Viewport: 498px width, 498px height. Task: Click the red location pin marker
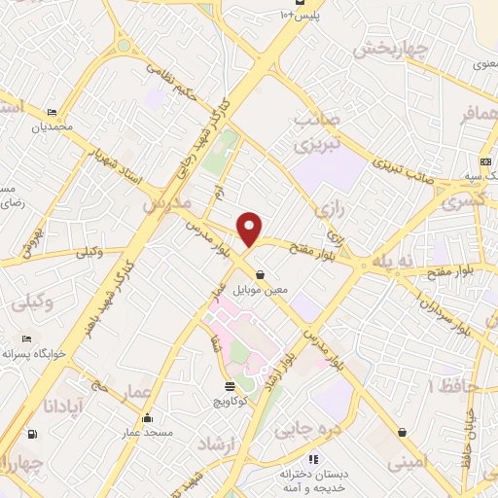(x=251, y=230)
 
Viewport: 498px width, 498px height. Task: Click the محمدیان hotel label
(x=52, y=126)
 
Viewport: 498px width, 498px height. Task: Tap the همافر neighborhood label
(x=471, y=115)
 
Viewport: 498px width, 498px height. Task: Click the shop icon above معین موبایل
(x=260, y=274)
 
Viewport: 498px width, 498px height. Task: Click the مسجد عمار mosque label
(x=146, y=431)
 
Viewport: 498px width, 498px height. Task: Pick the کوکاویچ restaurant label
(x=229, y=398)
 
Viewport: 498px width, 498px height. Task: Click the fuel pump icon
(x=34, y=434)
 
